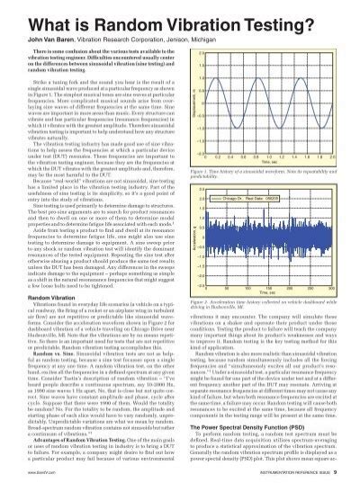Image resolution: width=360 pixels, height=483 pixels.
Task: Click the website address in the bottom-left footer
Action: (25, 467)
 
